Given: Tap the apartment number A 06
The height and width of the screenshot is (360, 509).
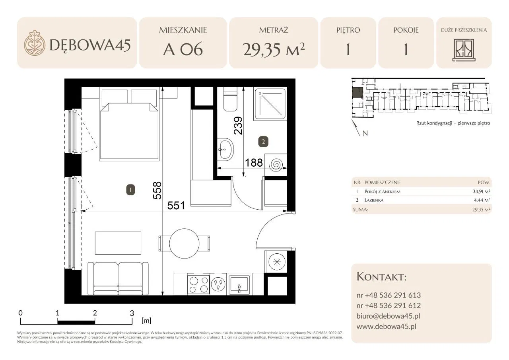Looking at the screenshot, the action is (183, 49).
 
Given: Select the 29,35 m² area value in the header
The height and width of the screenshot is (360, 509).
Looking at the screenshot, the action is (274, 49).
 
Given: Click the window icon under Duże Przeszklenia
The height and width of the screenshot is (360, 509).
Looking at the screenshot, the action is (464, 50).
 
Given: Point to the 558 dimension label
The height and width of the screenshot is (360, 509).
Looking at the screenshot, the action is (157, 191).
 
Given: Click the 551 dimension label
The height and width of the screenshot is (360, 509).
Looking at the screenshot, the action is (176, 206).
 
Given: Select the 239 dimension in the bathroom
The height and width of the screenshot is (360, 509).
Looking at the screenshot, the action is (238, 126).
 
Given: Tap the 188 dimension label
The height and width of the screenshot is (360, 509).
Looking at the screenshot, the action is (254, 163).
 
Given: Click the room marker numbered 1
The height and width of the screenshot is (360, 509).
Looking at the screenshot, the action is (130, 190).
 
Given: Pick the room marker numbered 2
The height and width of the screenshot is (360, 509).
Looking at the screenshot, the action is (263, 142).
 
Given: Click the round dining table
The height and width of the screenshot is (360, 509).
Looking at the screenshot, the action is (184, 243).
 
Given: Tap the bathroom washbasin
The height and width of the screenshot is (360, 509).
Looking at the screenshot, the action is (225, 150).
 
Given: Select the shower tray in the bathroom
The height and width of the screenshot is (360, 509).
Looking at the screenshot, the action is (270, 104).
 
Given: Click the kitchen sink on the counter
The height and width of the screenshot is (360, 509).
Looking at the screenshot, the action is (240, 284).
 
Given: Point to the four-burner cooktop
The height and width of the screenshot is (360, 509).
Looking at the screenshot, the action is (198, 284).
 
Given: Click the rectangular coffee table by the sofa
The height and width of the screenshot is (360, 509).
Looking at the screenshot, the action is (118, 243).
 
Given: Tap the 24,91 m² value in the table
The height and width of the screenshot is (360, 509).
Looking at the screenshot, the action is (481, 191).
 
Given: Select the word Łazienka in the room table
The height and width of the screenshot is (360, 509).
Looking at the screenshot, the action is (374, 200).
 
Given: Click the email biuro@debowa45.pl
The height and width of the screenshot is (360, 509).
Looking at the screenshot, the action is (388, 316).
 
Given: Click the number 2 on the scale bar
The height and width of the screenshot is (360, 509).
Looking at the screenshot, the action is (95, 313).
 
